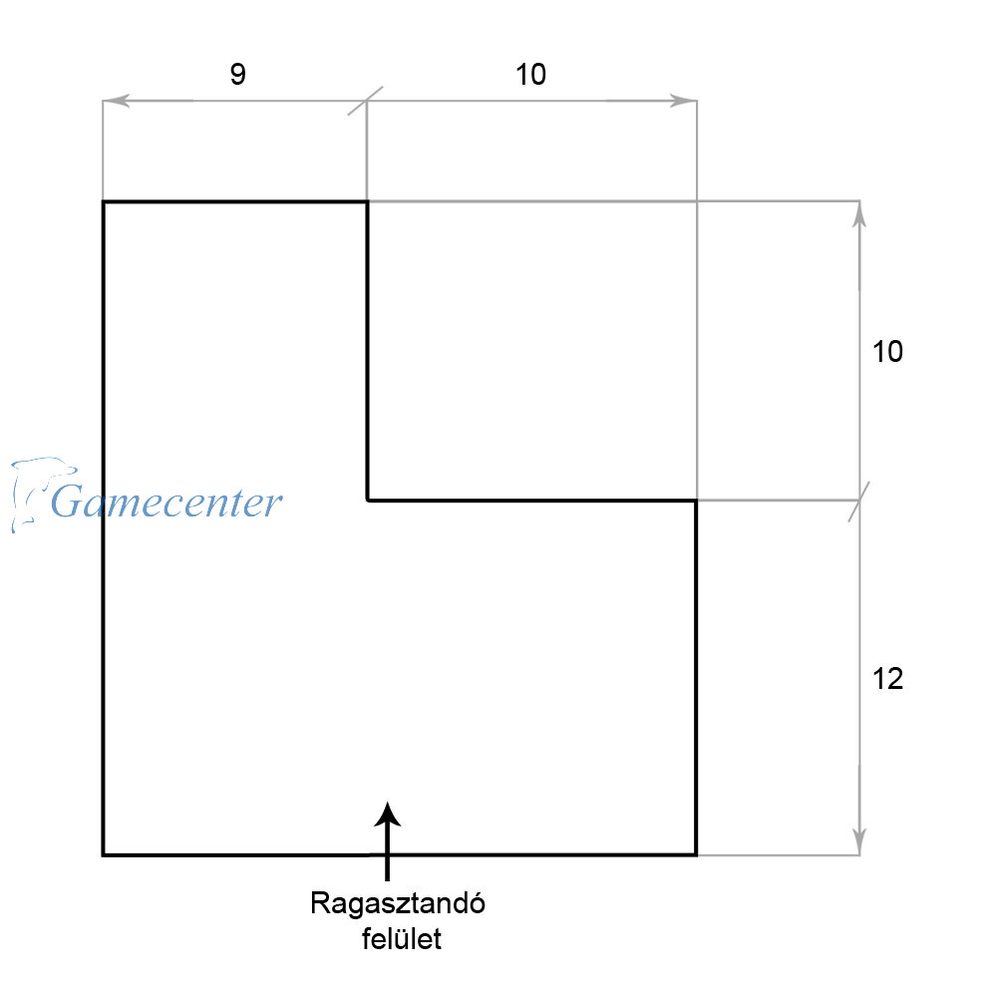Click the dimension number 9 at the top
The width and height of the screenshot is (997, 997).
click(237, 76)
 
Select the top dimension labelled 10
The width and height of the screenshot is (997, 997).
click(531, 76)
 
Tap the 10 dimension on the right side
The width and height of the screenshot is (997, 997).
click(887, 352)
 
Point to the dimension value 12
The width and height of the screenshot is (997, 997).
click(887, 679)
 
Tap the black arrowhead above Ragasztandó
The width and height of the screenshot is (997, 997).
click(388, 815)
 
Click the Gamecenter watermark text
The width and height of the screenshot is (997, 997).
click(166, 501)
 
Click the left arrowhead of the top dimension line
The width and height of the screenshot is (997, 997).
click(113, 101)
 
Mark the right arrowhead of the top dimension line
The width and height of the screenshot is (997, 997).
click(686, 101)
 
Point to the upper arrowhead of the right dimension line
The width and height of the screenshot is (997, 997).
click(859, 213)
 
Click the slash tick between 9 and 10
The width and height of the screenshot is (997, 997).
click(366, 101)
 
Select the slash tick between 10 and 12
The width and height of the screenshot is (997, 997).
click(859, 500)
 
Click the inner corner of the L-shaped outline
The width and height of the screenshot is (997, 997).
click(368, 499)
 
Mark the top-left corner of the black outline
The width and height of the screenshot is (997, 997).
click(104, 202)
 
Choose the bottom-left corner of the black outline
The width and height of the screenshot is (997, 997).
click(104, 854)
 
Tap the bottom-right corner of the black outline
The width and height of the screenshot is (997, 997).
click(695, 854)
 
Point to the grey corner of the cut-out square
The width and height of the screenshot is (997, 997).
click(696, 201)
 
